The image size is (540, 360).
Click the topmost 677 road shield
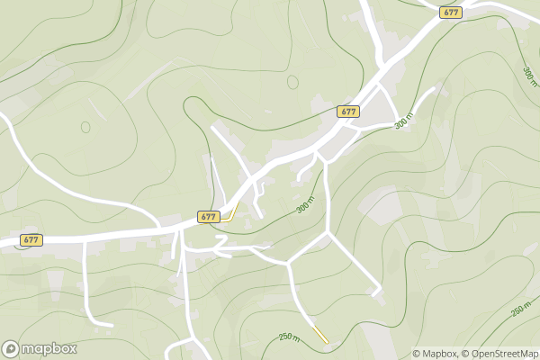coord(451,12)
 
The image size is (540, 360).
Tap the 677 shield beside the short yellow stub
coord(208,217)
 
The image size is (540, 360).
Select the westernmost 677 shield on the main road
coord(31,240)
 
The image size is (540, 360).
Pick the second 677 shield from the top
coord(349,112)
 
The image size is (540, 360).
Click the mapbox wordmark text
coord(49,349)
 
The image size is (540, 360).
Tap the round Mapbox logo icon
coord(11,349)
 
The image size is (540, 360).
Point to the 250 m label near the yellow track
coord(290,336)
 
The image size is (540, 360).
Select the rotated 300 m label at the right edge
coord(529,74)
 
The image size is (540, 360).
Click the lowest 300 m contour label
coord(306,205)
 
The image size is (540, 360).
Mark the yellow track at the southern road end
coord(319,335)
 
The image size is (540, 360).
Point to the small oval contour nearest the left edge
coord(85,127)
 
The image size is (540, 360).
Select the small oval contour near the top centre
coord(292,82)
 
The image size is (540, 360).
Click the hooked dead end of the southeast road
coord(376,293)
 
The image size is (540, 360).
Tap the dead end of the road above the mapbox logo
coord(111,324)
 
